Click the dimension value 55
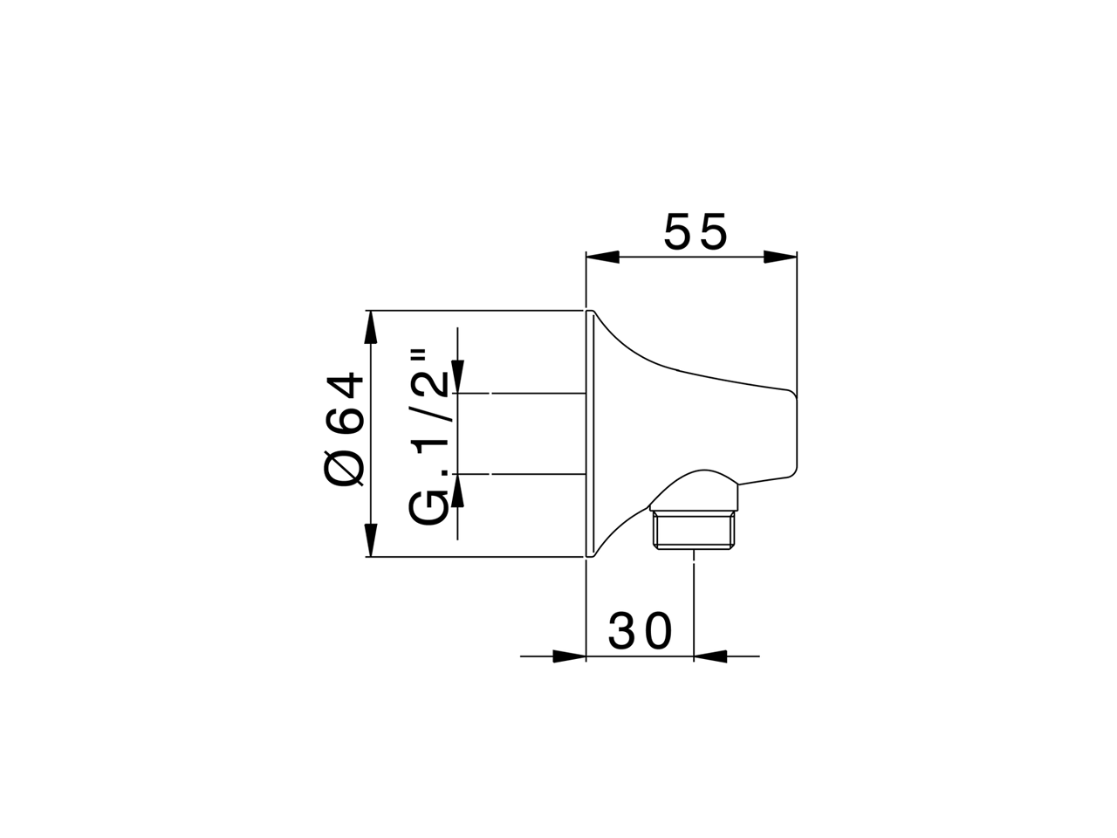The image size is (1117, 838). (x=695, y=232)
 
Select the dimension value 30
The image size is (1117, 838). (x=641, y=631)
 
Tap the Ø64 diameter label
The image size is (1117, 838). (x=344, y=429)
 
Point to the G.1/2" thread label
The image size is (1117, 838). (x=430, y=436)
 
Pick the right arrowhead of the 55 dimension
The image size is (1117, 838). (x=780, y=257)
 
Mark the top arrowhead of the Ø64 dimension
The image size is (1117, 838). (x=371, y=327)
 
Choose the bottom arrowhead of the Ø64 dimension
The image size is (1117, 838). (x=371, y=539)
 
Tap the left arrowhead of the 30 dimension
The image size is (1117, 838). (x=568, y=656)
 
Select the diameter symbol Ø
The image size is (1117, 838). (x=344, y=469)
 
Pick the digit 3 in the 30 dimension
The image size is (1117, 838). (x=623, y=631)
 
